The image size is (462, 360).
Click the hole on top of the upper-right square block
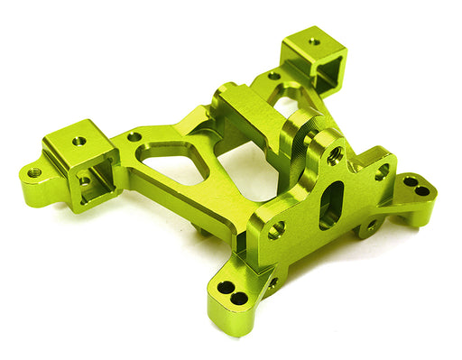click(313, 41)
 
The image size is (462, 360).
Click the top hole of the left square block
click(79, 141)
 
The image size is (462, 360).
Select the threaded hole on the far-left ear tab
click(35, 171)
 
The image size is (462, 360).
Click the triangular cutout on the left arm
click(172, 161)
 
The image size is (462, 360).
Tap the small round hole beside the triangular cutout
click(134, 137)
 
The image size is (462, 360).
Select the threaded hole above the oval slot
click(336, 156)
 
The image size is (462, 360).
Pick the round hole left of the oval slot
click(277, 229)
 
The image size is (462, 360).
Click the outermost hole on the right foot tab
click(422, 190)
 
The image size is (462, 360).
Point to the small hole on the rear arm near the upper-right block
click(273, 76)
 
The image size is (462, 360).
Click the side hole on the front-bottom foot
click(273, 282)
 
